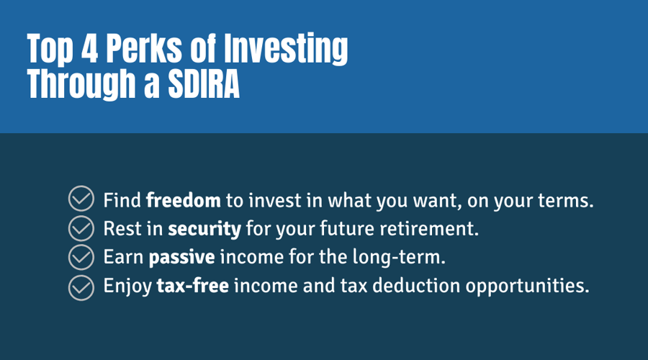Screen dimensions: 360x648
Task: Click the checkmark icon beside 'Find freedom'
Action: tap(81, 199)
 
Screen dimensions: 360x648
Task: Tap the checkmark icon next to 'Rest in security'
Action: tap(81, 228)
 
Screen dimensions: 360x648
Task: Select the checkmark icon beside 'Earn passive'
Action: tap(81, 257)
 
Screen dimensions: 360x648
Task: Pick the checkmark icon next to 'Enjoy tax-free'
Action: tap(81, 286)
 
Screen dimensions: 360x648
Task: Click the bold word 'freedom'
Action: tap(183, 199)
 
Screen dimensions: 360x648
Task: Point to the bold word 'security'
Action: tap(204, 229)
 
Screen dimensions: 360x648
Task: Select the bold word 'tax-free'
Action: tap(193, 286)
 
